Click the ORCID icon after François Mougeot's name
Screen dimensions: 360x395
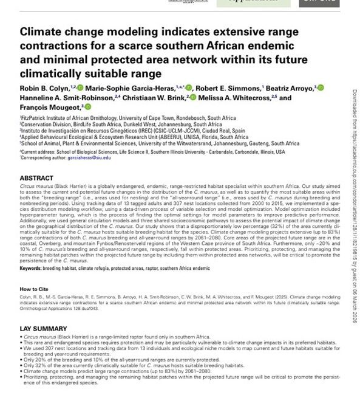coord(88,106)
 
